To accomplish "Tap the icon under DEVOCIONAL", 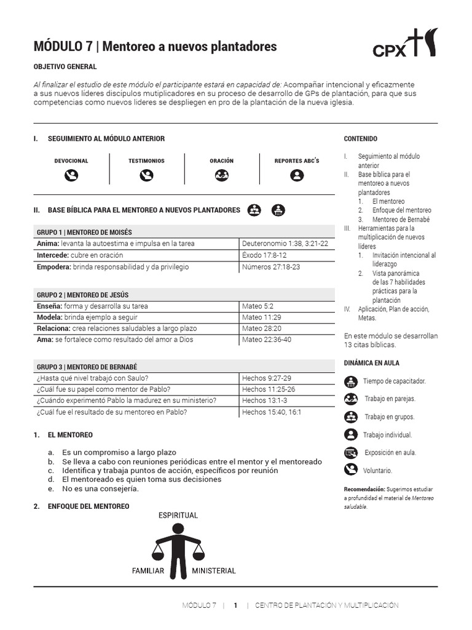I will (71, 175).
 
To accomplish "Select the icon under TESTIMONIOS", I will (146, 175).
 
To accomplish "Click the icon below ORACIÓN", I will (221, 175).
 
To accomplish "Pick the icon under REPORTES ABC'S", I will (297, 175).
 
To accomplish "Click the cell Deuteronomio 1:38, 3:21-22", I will (285, 244).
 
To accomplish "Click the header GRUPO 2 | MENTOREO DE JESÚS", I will (82, 295).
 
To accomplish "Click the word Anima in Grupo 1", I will (48, 244).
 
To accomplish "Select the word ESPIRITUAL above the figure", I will (178, 515).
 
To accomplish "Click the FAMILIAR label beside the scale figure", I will (148, 571).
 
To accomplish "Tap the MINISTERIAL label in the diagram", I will (214, 571).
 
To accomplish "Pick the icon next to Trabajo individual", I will (351, 435).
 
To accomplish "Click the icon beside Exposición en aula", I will (351, 453).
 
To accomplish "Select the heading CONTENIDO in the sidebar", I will (361, 139).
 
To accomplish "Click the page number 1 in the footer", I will (235, 605).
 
